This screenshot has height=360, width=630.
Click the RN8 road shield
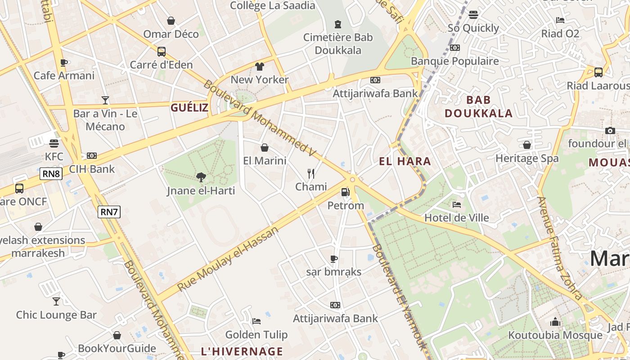(x=51, y=174)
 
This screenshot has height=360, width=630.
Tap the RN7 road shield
(x=109, y=212)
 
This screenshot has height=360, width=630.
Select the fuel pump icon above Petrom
(x=345, y=192)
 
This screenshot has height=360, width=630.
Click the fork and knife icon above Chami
(x=310, y=174)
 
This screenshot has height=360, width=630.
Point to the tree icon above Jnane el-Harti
(x=201, y=177)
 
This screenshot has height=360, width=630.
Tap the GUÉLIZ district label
(x=189, y=108)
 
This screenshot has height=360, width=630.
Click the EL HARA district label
(x=405, y=162)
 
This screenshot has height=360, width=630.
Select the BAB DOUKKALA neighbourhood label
(x=479, y=107)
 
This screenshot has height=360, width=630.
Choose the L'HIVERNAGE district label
(x=242, y=351)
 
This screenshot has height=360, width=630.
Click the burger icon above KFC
(x=54, y=144)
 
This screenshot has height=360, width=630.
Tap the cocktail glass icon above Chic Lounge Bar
(x=56, y=301)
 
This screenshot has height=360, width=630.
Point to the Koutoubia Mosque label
(x=555, y=335)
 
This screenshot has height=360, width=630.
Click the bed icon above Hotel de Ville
(x=457, y=205)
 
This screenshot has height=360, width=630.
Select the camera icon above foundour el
(x=610, y=130)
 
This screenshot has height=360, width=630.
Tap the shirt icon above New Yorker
(x=260, y=67)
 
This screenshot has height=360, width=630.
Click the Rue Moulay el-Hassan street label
(x=228, y=259)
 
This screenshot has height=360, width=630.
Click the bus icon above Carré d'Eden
(x=161, y=52)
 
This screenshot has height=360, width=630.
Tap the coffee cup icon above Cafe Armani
(x=64, y=63)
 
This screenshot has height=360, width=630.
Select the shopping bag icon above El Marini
(x=265, y=148)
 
